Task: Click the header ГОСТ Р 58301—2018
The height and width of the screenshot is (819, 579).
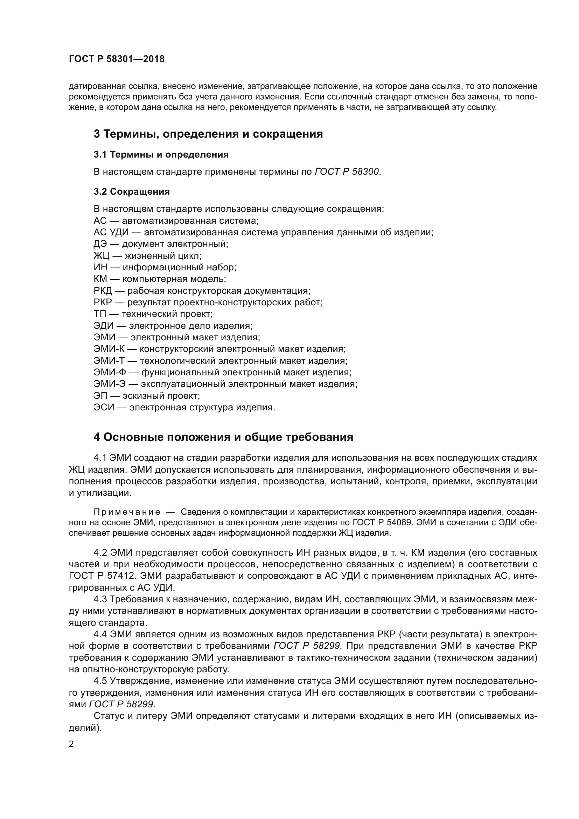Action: point(117,59)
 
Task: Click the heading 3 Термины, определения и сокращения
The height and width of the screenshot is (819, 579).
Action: point(208,134)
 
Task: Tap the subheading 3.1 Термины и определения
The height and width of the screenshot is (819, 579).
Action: point(161,154)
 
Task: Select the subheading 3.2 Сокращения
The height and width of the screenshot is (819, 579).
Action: point(132,192)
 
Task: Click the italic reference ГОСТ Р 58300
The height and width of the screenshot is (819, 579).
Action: point(347,172)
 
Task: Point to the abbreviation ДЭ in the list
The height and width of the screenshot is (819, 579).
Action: point(100,244)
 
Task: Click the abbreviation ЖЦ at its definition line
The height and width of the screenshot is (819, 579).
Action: point(100,256)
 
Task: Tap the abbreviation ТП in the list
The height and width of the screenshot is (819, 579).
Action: point(99,314)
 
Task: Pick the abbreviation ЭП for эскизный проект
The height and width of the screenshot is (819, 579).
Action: point(100,396)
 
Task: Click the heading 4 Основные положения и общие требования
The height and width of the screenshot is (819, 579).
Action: point(223,437)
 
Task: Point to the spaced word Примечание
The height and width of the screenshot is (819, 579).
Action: point(127,512)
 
